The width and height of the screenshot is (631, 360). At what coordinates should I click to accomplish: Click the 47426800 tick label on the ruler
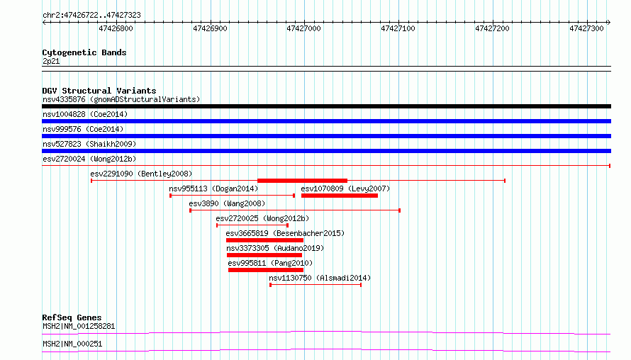116,28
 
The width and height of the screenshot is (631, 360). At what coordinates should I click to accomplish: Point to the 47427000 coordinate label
304,28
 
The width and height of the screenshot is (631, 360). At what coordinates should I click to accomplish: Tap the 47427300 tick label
586,28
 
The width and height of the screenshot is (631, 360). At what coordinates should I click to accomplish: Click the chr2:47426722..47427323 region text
91,16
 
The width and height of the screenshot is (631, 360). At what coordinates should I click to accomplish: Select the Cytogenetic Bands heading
84,52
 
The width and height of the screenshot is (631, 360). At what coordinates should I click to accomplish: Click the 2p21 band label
51,61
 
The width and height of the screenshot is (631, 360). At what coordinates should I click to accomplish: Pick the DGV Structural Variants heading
99,91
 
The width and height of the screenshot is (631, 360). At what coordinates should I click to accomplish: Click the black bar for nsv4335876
326,106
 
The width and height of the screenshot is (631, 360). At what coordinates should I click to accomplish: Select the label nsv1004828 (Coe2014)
85,114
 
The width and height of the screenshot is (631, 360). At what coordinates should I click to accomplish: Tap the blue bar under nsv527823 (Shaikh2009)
326,151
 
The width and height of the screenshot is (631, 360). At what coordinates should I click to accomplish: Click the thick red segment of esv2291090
302,181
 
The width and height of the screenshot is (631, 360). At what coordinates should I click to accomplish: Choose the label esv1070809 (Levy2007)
345,189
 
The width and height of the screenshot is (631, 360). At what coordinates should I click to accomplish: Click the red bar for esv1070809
340,196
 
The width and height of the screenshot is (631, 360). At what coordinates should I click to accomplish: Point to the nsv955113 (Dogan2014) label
213,189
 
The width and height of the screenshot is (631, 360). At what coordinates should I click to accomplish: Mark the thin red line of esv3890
295,210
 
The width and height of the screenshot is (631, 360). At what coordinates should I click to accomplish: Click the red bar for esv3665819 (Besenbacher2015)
264,240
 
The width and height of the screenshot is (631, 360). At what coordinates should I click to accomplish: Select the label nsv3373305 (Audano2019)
275,248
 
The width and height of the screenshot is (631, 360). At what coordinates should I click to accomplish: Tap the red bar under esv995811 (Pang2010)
266,270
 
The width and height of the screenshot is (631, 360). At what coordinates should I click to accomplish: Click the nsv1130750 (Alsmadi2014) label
320,278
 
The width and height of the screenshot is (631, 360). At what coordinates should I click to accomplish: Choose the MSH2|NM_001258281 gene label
79,326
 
